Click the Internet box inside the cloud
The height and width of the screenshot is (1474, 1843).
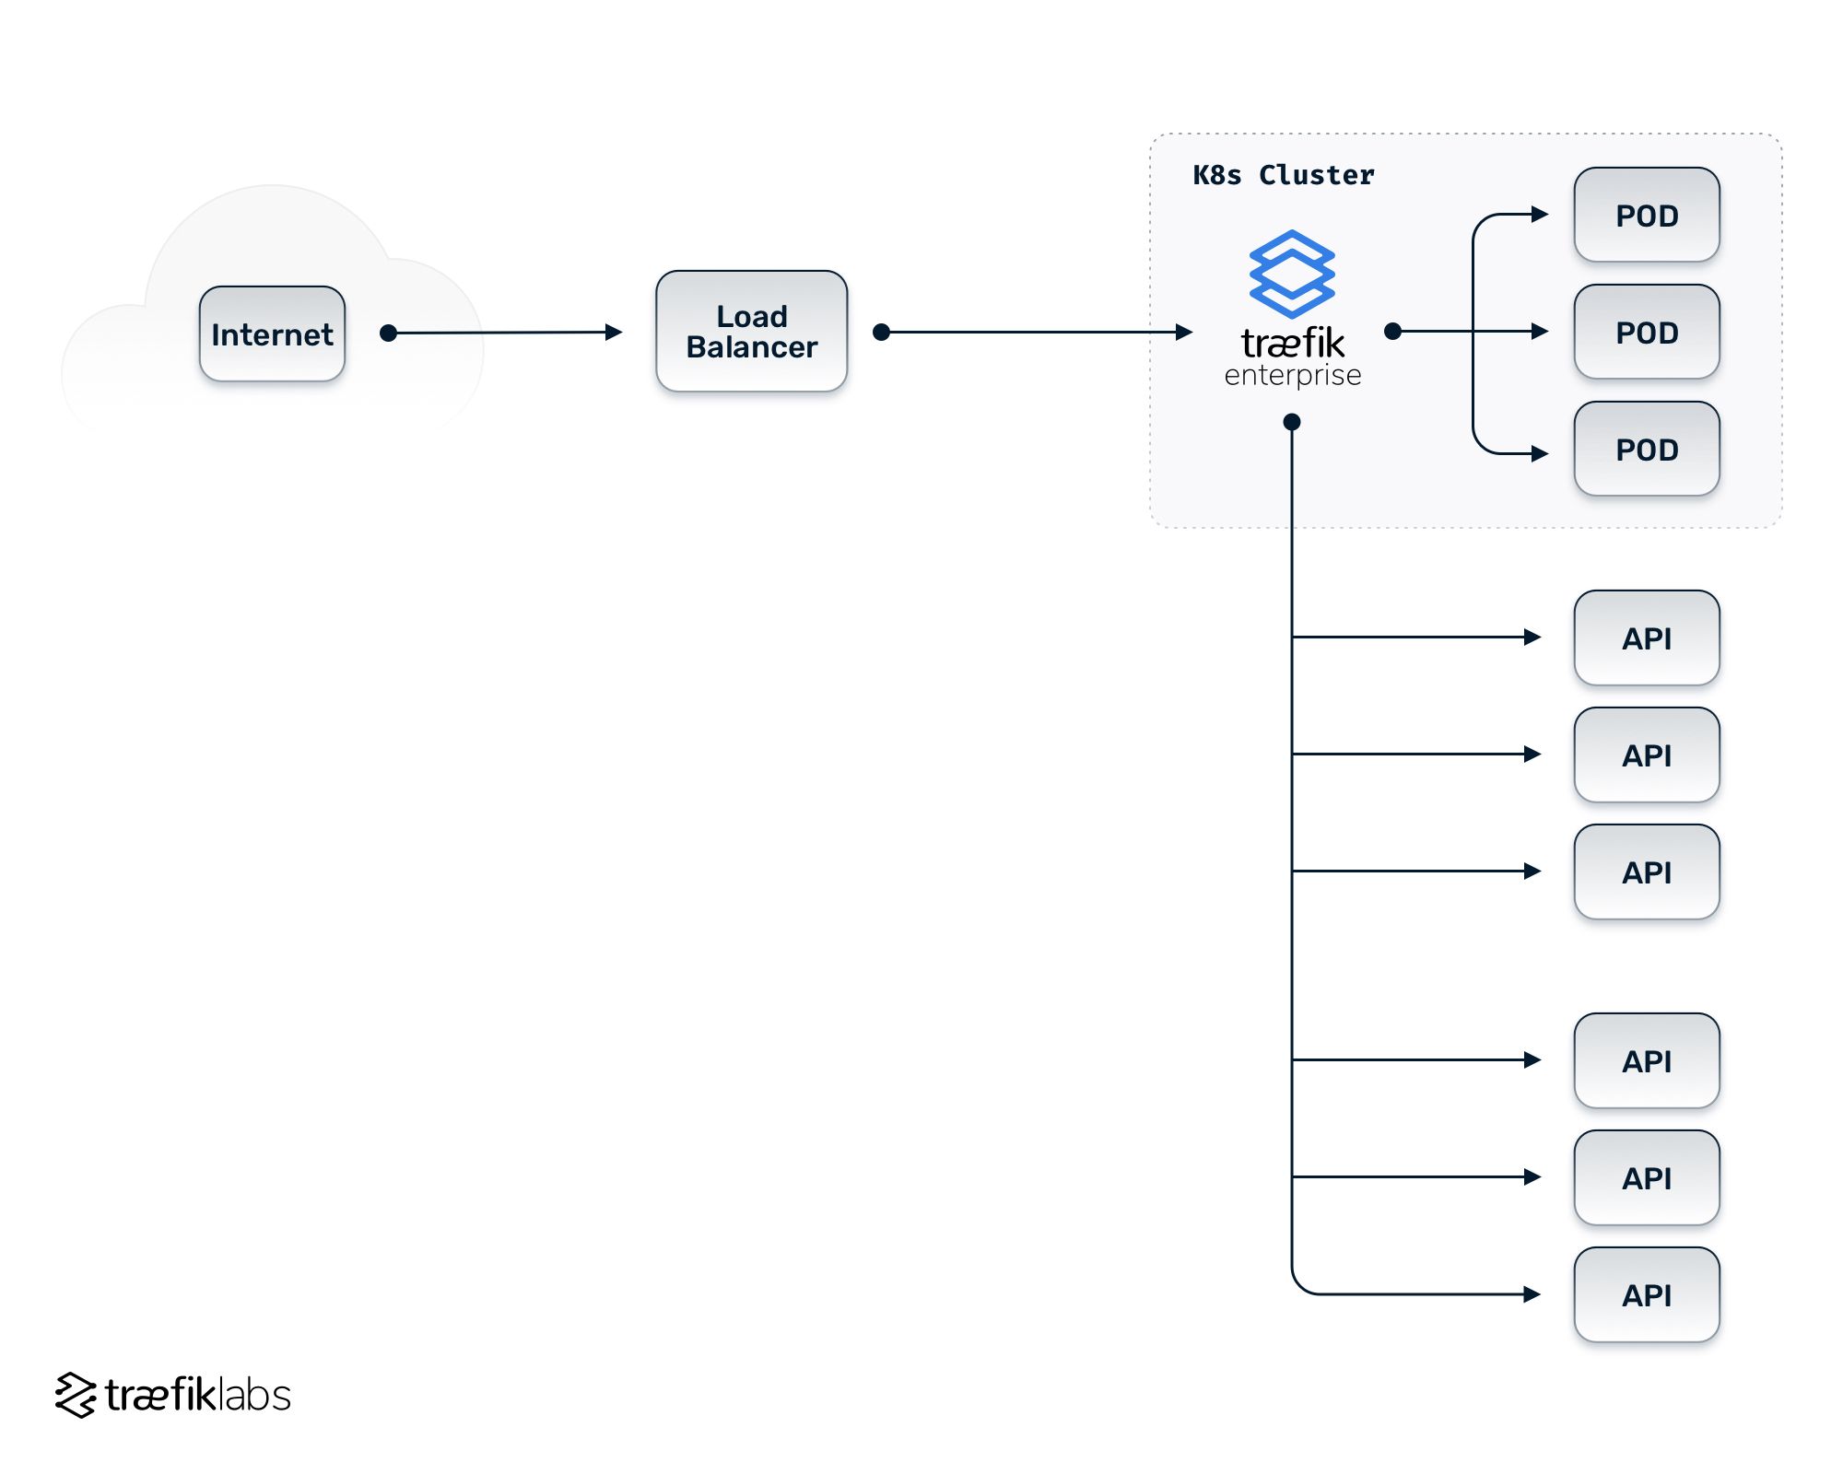(x=272, y=333)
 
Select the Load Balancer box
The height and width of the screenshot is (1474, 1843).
(x=751, y=331)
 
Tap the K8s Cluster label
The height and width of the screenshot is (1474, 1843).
(x=1283, y=175)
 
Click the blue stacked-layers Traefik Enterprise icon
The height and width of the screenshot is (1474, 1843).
(x=1292, y=274)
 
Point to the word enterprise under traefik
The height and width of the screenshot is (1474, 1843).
(x=1292, y=376)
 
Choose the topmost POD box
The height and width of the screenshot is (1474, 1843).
(x=1646, y=216)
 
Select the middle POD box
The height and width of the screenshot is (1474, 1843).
(x=1646, y=332)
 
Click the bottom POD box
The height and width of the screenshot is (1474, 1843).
(x=1646, y=450)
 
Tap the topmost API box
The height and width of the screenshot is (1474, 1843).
(x=1646, y=638)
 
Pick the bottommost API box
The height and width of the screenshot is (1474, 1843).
(x=1646, y=1294)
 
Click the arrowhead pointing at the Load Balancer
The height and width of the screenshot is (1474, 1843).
(x=614, y=333)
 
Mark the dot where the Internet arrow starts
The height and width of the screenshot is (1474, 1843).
(x=389, y=333)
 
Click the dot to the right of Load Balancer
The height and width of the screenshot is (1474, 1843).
(x=881, y=332)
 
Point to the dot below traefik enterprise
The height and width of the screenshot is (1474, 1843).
(x=1292, y=422)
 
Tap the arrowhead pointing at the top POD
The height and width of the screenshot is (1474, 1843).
(x=1540, y=215)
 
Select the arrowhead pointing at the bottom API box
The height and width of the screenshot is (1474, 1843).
(x=1532, y=1294)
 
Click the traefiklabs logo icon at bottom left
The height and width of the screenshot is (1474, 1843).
(x=76, y=1395)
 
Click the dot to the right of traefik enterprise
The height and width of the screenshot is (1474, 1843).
(x=1393, y=331)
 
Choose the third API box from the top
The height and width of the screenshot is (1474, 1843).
(x=1646, y=872)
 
